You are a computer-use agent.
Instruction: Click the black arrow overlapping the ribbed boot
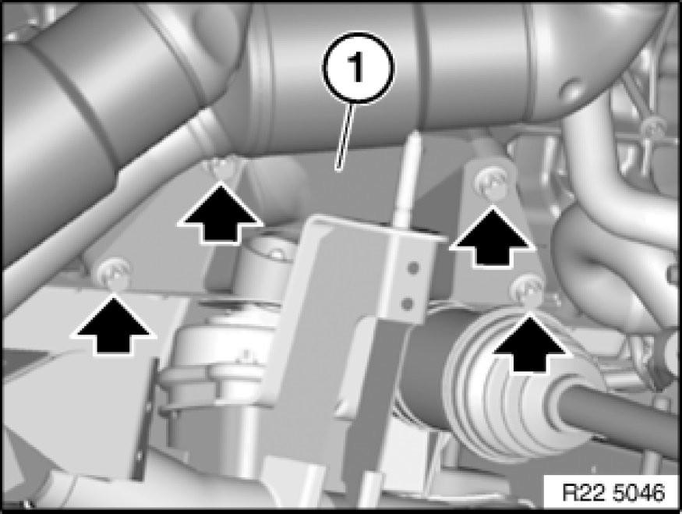coord(529,344)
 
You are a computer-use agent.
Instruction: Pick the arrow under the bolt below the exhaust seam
coord(221,213)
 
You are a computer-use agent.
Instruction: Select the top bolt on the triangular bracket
coord(492,183)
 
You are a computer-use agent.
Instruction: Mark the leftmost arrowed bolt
coord(114,273)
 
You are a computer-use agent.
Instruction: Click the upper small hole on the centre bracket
coord(414,267)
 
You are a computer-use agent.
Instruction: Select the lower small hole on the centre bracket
coord(407,303)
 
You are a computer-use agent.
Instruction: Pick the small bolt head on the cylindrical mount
coord(277,253)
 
